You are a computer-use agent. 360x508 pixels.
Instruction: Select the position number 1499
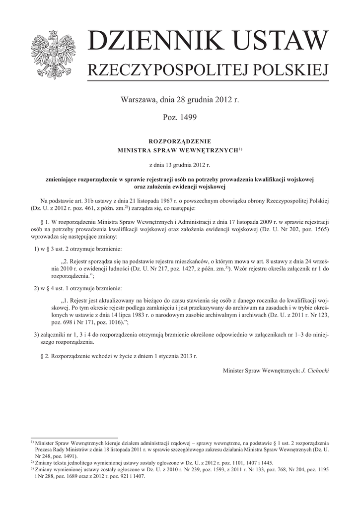[188, 117]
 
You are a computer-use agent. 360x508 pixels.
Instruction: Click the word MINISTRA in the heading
[136, 149]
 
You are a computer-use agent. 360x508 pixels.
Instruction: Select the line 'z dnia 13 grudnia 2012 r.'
[180, 164]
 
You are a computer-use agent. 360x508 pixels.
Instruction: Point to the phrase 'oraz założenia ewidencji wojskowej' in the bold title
[180, 187]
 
